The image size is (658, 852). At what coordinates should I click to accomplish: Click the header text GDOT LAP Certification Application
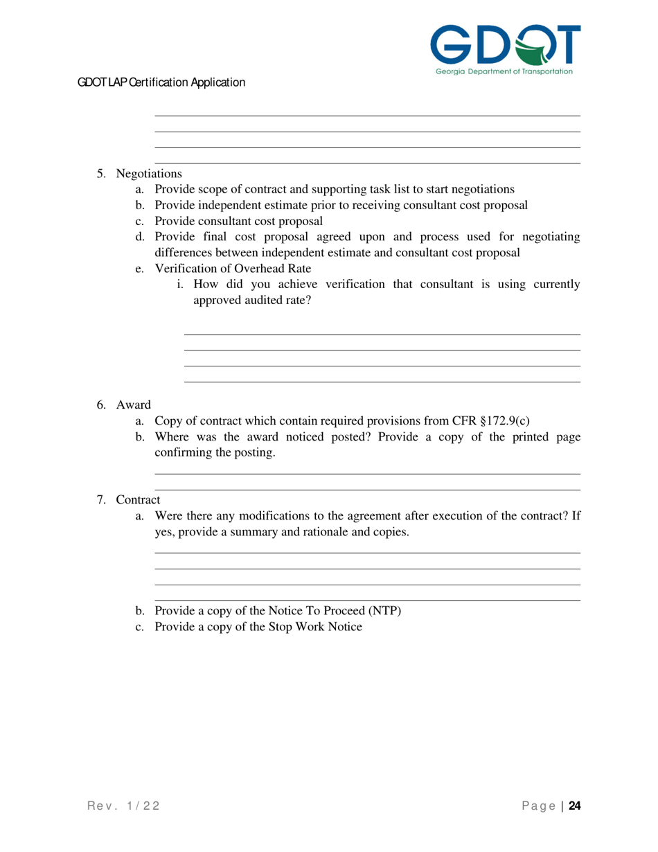pos(161,82)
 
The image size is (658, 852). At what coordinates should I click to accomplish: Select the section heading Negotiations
pos(149,173)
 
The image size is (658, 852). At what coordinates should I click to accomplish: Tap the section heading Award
pos(133,405)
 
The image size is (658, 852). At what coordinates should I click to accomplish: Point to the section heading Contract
pos(138,499)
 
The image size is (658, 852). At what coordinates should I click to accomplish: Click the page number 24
pos(574,806)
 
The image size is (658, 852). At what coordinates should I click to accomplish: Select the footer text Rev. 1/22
pos(124,806)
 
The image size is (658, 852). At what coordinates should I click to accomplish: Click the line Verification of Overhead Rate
pos(233,269)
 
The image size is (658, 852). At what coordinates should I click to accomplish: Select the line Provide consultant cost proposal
pos(238,221)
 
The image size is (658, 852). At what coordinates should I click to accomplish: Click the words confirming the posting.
pos(215,453)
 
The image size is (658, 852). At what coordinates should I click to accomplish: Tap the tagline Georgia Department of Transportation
pos(504,71)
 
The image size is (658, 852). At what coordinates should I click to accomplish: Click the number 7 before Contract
pos(100,499)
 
